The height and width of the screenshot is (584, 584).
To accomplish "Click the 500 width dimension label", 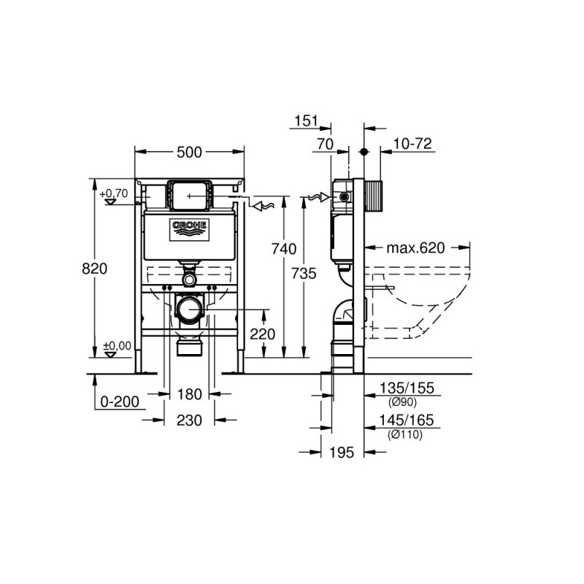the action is point(189,152).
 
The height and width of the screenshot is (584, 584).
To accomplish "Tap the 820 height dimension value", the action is point(95,269).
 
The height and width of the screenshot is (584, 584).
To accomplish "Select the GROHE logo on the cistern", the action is point(189,230).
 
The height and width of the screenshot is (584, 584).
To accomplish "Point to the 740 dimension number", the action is point(284,249).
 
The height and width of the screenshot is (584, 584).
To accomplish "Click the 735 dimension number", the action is point(304,274).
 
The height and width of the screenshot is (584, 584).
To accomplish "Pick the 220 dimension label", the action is point(263,334).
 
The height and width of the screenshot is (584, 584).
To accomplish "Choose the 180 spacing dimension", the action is point(190,394).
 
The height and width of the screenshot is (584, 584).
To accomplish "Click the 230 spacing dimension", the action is point(189,420).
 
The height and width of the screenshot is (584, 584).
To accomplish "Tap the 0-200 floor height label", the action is point(120,402).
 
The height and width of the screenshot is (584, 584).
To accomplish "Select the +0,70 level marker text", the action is point(114,193).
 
